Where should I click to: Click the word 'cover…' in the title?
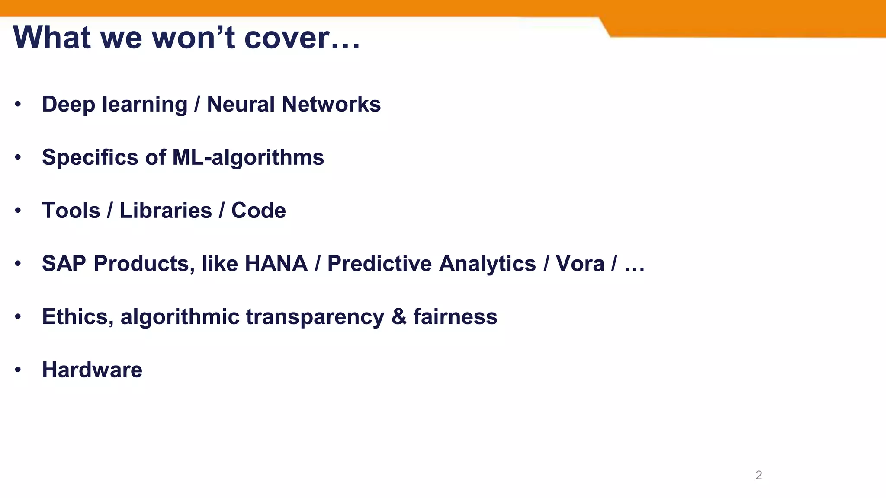pyautogui.click(x=302, y=38)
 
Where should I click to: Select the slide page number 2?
pyautogui.click(x=758, y=475)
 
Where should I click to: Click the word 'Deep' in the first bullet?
pyautogui.click(x=68, y=105)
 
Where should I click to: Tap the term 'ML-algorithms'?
pyautogui.click(x=248, y=158)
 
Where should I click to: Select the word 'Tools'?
pyautogui.click(x=71, y=211)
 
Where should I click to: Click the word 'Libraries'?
pyautogui.click(x=166, y=211)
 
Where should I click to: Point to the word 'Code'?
pyautogui.click(x=258, y=211)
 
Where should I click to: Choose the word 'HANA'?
pyautogui.click(x=276, y=264)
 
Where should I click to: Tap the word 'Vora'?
pyautogui.click(x=580, y=264)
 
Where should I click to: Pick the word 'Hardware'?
pyautogui.click(x=92, y=370)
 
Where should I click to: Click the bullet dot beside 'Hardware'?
pyautogui.click(x=18, y=370)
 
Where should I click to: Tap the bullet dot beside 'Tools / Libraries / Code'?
pyautogui.click(x=18, y=211)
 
